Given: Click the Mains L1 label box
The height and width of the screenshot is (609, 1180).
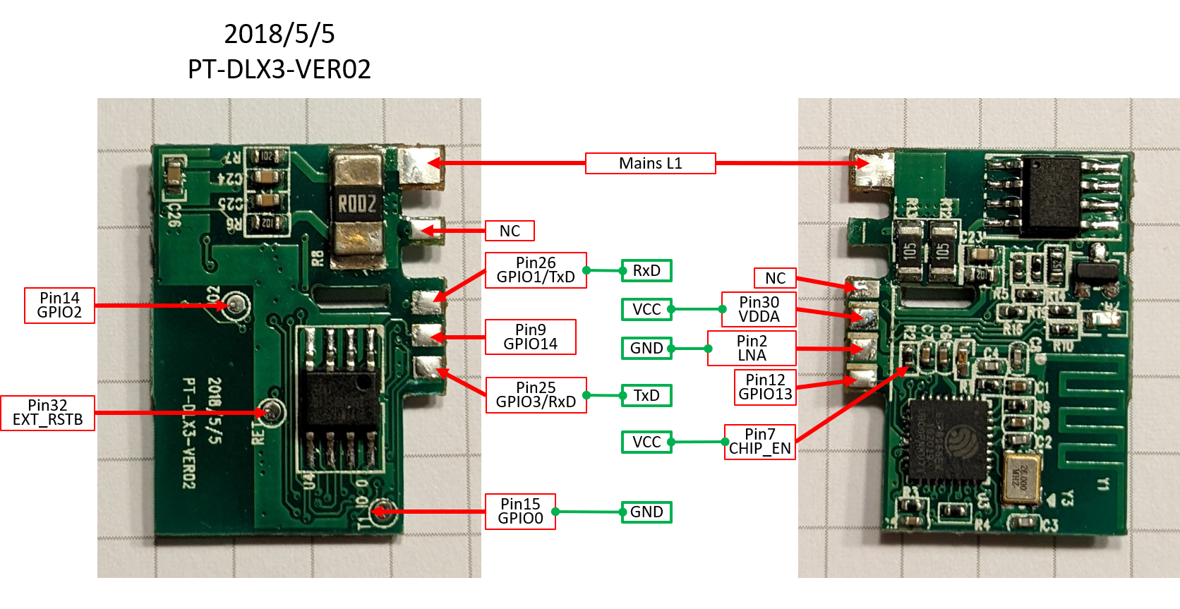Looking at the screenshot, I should pyautogui.click(x=650, y=163).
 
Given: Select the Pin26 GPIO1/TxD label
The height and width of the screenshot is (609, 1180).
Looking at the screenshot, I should pyautogui.click(x=536, y=270).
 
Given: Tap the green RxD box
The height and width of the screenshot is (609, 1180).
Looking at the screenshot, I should pyautogui.click(x=646, y=270).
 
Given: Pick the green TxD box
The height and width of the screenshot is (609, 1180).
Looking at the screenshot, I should pyautogui.click(x=646, y=395).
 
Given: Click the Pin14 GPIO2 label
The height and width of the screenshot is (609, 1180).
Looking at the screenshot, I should pyautogui.click(x=59, y=306).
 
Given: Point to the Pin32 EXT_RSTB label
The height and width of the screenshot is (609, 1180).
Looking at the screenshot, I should pyautogui.click(x=47, y=413).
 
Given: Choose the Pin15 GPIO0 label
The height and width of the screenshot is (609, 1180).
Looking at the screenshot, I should pyautogui.click(x=520, y=512).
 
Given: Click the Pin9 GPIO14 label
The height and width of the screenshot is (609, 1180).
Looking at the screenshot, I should pyautogui.click(x=530, y=337).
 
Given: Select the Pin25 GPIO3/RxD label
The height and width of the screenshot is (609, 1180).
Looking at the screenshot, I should pyautogui.click(x=536, y=395).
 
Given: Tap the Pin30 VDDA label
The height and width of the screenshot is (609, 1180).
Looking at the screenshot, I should pyautogui.click(x=759, y=310).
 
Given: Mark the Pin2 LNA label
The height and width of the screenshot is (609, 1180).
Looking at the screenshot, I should pyautogui.click(x=752, y=349).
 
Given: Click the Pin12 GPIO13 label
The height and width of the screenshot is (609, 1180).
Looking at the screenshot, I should pyautogui.click(x=765, y=387).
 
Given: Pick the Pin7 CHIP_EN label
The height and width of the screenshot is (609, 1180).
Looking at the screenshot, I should pyautogui.click(x=759, y=442).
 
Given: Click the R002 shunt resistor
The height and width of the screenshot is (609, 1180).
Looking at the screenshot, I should pyautogui.click(x=357, y=205).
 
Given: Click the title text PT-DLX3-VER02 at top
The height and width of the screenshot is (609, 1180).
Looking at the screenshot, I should pyautogui.click(x=279, y=69).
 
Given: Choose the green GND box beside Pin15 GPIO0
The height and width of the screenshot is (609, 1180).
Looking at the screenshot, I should pyautogui.click(x=646, y=512).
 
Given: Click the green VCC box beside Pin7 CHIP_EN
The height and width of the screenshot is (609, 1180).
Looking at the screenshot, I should pyautogui.click(x=646, y=442).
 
